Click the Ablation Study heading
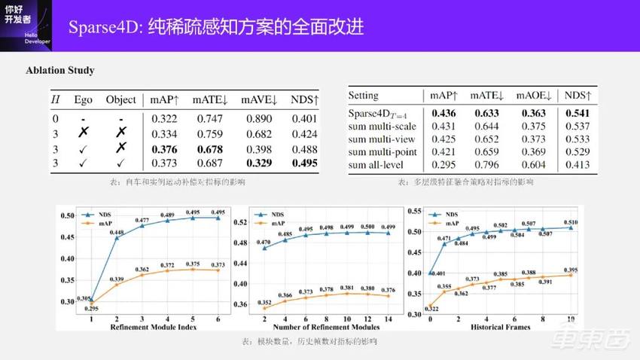point(60,70)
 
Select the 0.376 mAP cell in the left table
point(164,149)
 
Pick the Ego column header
point(83,100)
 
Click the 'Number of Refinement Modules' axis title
point(326,328)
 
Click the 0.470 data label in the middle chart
point(264,242)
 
